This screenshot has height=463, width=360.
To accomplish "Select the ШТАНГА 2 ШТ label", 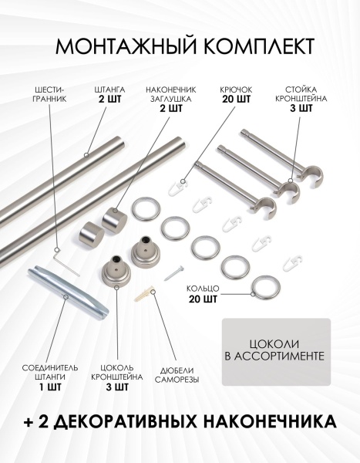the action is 109,94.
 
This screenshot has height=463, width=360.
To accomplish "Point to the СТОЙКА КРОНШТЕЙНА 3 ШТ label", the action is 301,100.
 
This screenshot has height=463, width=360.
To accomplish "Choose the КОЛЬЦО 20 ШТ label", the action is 203,293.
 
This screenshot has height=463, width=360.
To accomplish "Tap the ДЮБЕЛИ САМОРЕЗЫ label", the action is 177,375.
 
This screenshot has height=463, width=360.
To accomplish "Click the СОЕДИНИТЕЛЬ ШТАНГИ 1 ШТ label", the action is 50,377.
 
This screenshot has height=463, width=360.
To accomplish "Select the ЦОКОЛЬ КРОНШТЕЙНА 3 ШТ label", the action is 117,377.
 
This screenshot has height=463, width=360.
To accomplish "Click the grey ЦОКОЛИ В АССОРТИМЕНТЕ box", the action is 276,352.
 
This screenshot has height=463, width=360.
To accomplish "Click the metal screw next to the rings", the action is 174,273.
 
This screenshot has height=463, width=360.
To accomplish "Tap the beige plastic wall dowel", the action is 144,292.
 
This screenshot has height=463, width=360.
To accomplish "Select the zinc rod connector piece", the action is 68,293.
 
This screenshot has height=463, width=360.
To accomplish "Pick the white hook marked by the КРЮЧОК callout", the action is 178,188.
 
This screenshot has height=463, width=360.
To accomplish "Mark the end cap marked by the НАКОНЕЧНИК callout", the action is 115,220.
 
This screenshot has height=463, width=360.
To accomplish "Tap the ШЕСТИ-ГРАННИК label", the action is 49,94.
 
